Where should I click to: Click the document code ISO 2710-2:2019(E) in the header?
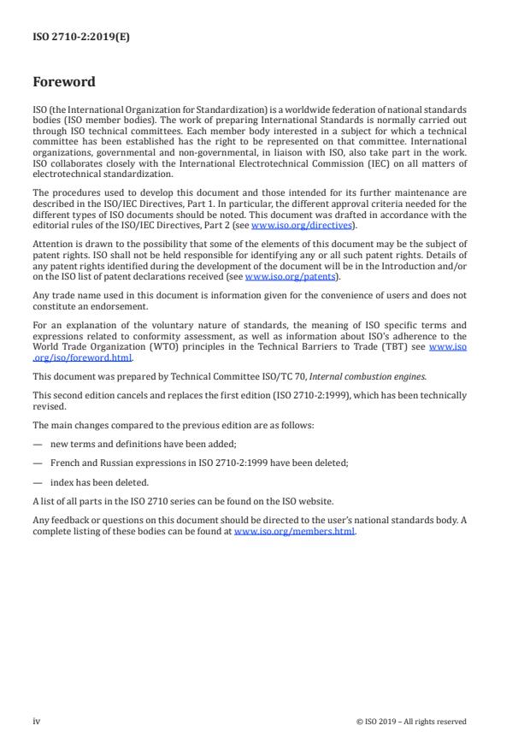[70, 38]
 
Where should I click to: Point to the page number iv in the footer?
[37, 721]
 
